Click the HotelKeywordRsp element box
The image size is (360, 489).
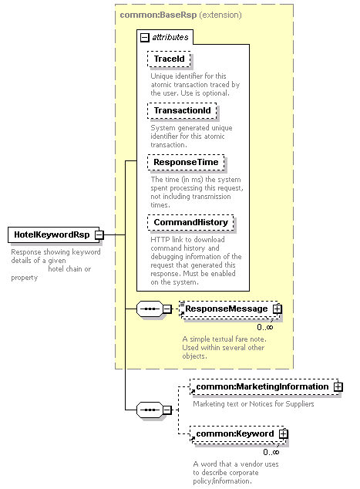pyautogui.click(x=53, y=234)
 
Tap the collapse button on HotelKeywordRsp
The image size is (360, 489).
pyautogui.click(x=99, y=234)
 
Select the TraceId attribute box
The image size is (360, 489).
pyautogui.click(x=169, y=59)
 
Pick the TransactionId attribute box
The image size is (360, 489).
pyautogui.click(x=182, y=111)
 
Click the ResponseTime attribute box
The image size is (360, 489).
pyautogui.click(x=186, y=163)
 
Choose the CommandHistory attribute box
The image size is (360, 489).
pyautogui.click(x=190, y=222)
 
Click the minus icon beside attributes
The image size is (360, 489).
pyautogui.click(x=145, y=38)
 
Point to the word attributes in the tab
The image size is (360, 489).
pyautogui.click(x=170, y=38)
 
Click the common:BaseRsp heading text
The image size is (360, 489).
pyautogui.click(x=158, y=15)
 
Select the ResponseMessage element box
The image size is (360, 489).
pyautogui.click(x=230, y=309)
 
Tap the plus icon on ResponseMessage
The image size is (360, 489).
pyautogui.click(x=277, y=309)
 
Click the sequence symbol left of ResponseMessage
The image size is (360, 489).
pyautogui.click(x=150, y=309)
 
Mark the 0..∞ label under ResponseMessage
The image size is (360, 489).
pyautogui.click(x=265, y=327)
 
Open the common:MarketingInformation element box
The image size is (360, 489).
pyautogui.click(x=264, y=387)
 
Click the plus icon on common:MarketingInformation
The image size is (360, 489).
pyautogui.click(x=338, y=387)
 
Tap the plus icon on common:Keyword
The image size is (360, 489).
pyautogui.click(x=284, y=433)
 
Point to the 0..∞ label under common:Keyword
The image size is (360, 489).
pyautogui.click(x=271, y=452)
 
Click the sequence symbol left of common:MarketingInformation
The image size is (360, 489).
pyautogui.click(x=150, y=410)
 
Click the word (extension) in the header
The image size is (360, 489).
pyautogui.click(x=220, y=15)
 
